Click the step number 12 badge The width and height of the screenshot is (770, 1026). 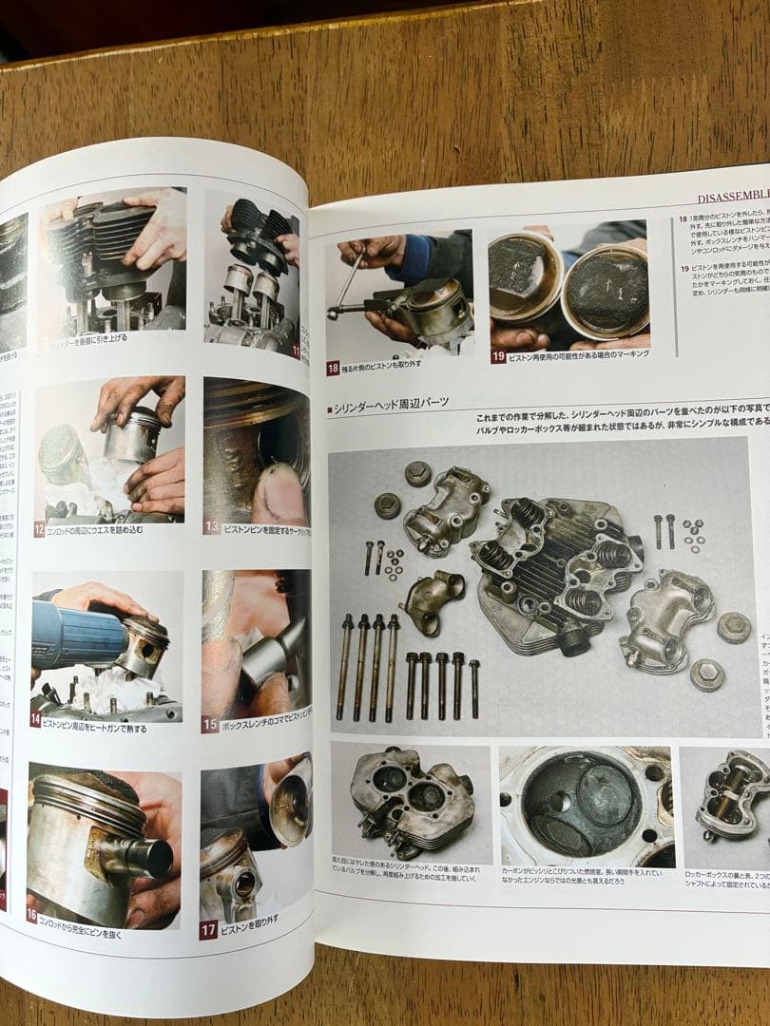tap(39, 530)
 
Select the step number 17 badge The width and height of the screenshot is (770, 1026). tap(208, 930)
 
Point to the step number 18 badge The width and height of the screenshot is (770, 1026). tap(334, 368)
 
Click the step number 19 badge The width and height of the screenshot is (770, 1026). tap(498, 357)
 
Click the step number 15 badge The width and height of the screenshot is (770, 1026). tap(210, 725)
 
